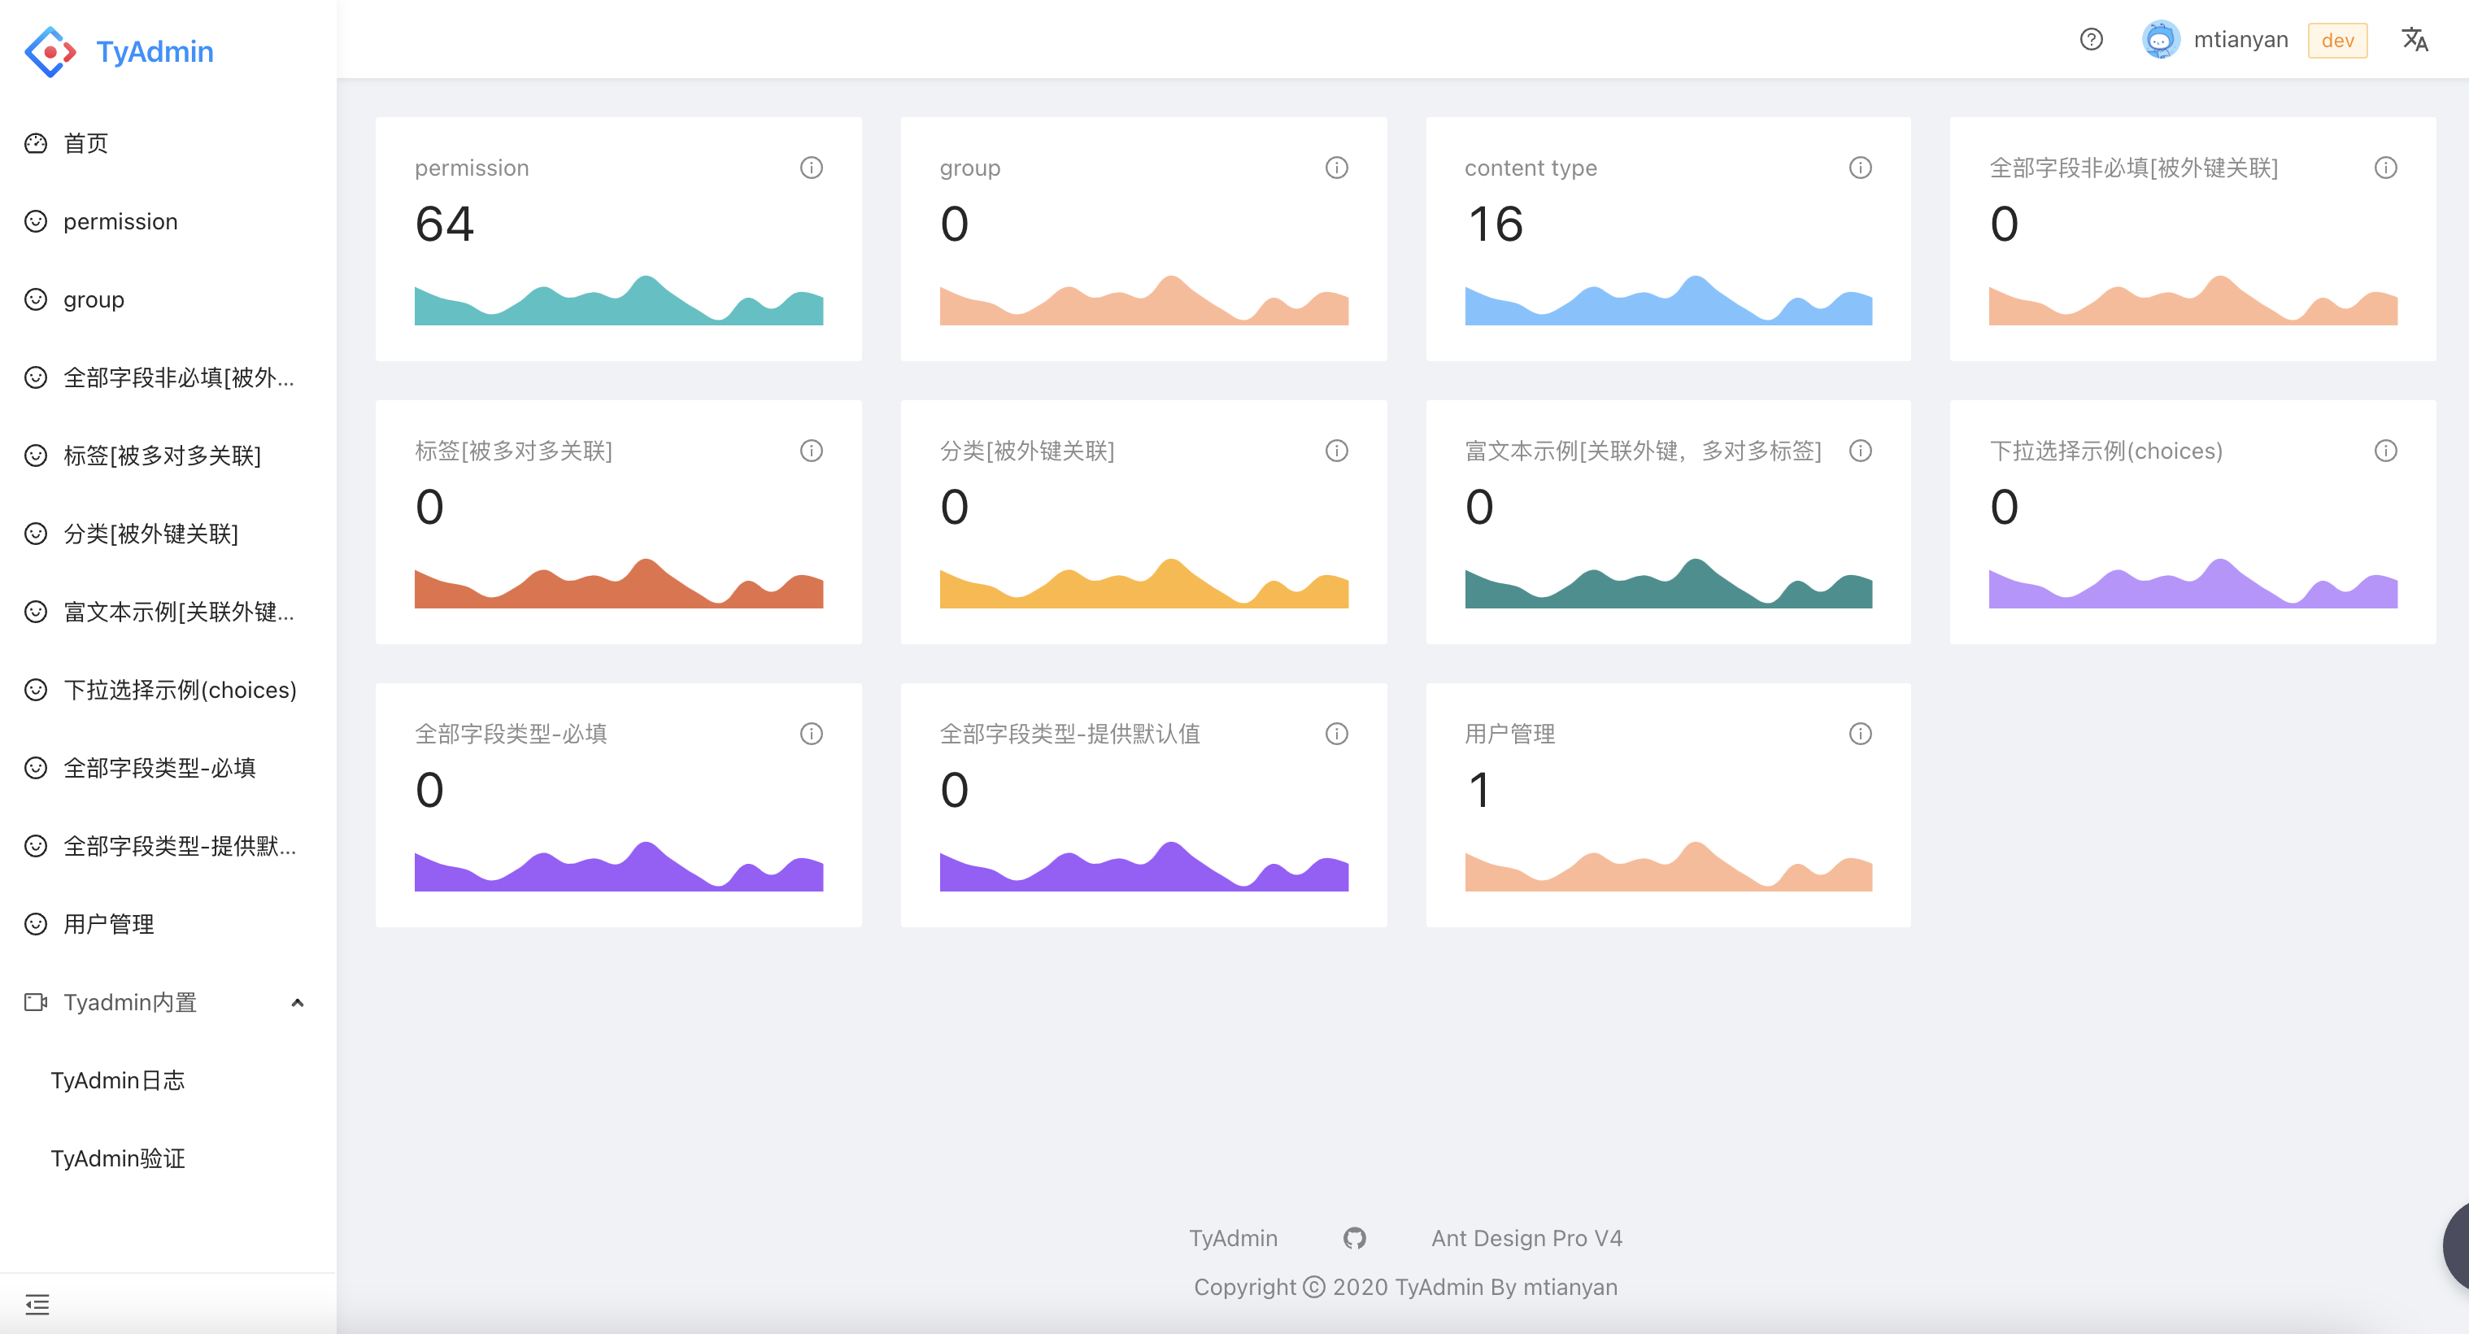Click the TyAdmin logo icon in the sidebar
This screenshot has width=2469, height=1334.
[50, 52]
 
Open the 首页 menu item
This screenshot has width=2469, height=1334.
[85, 144]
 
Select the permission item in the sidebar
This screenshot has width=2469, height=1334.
[120, 221]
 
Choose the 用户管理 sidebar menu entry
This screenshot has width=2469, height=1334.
[108, 924]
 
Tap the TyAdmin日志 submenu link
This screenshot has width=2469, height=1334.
[117, 1080]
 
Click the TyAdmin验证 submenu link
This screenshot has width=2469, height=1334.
[117, 1158]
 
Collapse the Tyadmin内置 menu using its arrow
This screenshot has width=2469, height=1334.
[297, 1002]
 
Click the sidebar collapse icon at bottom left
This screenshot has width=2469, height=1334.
[37, 1304]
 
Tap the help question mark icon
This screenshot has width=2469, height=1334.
[2090, 39]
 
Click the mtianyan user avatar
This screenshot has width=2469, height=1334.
[2160, 39]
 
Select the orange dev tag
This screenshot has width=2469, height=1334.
[2336, 40]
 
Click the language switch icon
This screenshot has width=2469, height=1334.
[2414, 39]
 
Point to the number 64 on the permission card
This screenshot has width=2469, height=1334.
[445, 225]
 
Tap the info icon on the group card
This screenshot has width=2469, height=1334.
[1336, 168]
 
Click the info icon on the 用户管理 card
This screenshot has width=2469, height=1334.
[1859, 734]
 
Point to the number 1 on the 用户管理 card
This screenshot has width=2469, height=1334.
[1480, 791]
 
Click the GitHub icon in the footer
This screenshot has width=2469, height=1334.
[1353, 1238]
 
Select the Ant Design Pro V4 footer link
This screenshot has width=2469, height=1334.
[1526, 1238]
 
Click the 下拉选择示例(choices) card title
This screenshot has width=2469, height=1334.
[2105, 451]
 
